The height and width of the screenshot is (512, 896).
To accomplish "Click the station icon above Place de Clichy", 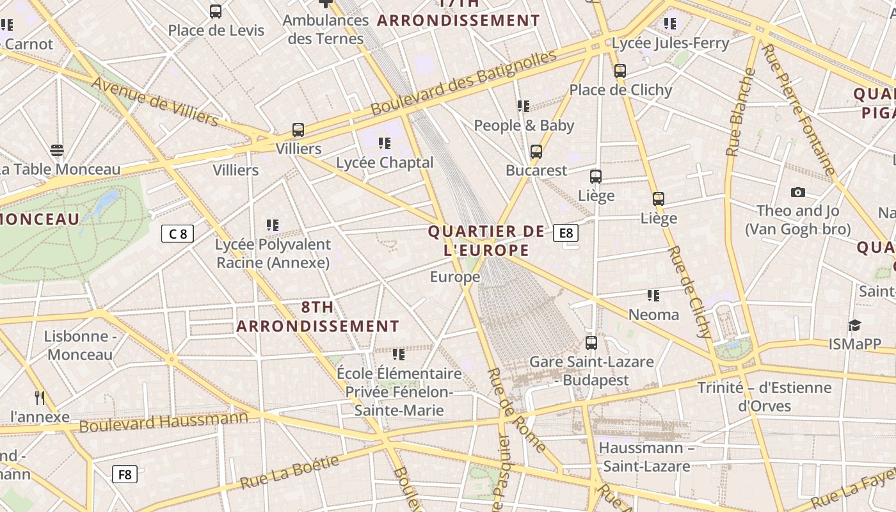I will (x=620, y=71).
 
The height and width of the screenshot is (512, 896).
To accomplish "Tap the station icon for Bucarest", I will (x=536, y=152).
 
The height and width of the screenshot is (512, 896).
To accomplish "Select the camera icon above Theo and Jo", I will (x=797, y=192).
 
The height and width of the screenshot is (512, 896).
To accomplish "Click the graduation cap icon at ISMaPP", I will (x=854, y=325).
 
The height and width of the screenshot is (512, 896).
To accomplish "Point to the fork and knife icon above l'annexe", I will (x=40, y=398).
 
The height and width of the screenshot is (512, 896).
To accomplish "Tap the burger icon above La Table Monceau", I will (x=57, y=150).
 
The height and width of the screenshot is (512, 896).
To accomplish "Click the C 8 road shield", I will (x=177, y=234).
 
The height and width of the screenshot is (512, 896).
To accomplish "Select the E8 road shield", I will (x=566, y=233).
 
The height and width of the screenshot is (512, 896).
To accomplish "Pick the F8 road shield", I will (x=125, y=474).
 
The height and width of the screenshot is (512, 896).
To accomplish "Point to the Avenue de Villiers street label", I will (x=155, y=101).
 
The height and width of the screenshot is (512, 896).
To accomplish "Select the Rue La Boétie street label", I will (x=289, y=472).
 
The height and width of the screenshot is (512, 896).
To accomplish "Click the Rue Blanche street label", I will (x=741, y=112).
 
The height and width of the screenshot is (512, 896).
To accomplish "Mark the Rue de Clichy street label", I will (x=689, y=291).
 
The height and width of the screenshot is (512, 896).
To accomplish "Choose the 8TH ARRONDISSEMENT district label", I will (x=318, y=317).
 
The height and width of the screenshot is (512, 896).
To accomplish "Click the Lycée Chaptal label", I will (x=385, y=163).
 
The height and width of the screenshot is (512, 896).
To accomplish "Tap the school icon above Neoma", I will (x=653, y=296).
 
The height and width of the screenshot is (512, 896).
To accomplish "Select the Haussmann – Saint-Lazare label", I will (x=646, y=457).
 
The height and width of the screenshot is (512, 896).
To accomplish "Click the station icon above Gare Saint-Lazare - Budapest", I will (x=591, y=343).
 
